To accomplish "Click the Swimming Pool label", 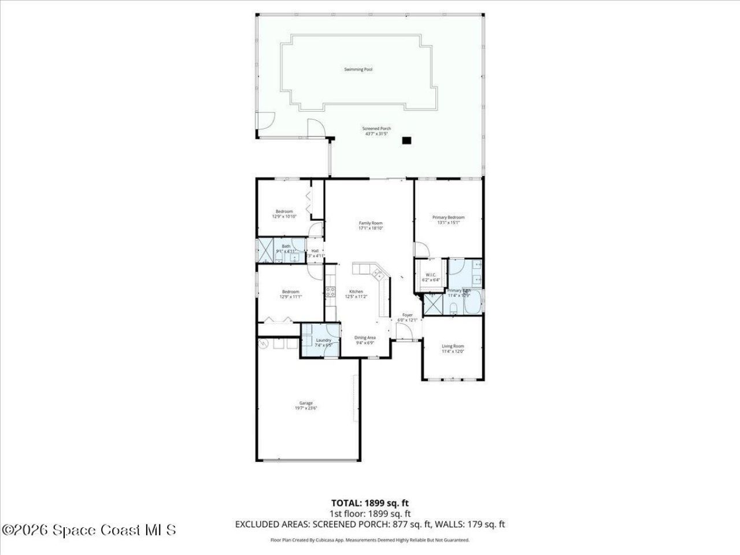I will (358, 69).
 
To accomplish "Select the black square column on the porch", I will (407, 140).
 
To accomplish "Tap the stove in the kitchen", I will (331, 292).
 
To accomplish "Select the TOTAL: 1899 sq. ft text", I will (370, 503).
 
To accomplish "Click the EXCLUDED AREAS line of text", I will (370, 524).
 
